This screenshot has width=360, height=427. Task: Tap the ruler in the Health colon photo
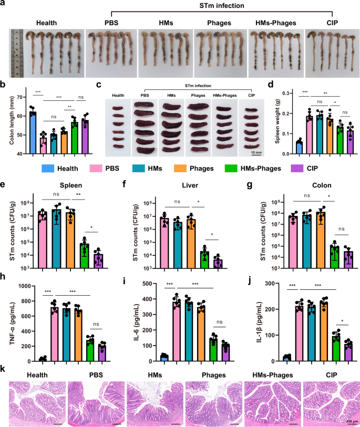(15, 53)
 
